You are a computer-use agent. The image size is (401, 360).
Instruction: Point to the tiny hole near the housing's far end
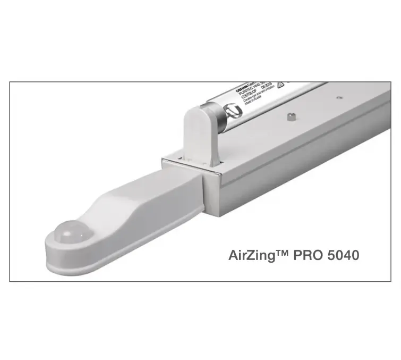pos(338,97)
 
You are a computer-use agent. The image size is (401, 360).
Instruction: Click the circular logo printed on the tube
pos(232,112)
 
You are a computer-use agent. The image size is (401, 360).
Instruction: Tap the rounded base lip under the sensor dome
pos(69,261)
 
